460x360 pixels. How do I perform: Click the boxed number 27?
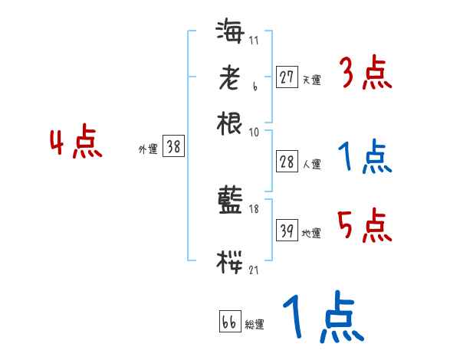[x=286, y=77]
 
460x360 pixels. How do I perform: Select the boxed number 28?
[x=286, y=162]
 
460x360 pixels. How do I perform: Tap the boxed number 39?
[x=286, y=231]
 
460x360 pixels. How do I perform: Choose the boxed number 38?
[x=174, y=148]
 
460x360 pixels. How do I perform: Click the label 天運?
[x=310, y=79]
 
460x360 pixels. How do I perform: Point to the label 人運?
[x=311, y=163]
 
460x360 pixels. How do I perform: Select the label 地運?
[x=311, y=234]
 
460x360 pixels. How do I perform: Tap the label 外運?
[x=147, y=149]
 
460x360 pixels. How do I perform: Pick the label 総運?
[x=255, y=325]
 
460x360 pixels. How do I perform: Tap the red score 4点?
[x=76, y=143]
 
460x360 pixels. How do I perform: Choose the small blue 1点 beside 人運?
[x=364, y=157]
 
